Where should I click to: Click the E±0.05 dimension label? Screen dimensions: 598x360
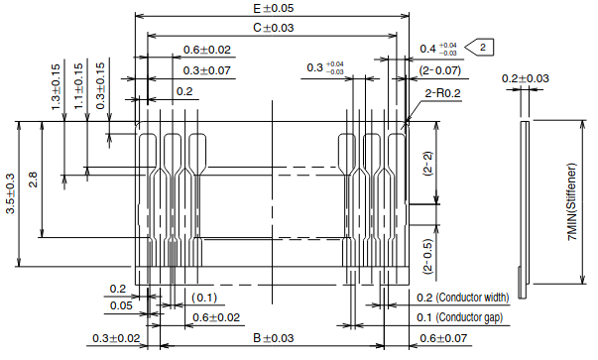(274, 8)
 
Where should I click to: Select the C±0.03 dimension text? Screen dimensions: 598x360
(274, 28)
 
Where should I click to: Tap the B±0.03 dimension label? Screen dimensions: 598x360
(274, 338)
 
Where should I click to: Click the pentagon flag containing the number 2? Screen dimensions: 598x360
(480, 48)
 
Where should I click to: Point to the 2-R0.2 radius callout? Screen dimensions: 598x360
(442, 93)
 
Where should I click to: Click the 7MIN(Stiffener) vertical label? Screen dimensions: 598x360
(572, 202)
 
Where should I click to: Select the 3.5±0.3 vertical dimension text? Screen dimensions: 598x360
(10, 193)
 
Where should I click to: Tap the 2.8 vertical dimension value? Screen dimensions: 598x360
(33, 180)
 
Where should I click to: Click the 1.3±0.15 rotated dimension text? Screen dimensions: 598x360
(56, 87)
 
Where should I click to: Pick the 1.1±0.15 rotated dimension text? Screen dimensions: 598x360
(78, 86)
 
